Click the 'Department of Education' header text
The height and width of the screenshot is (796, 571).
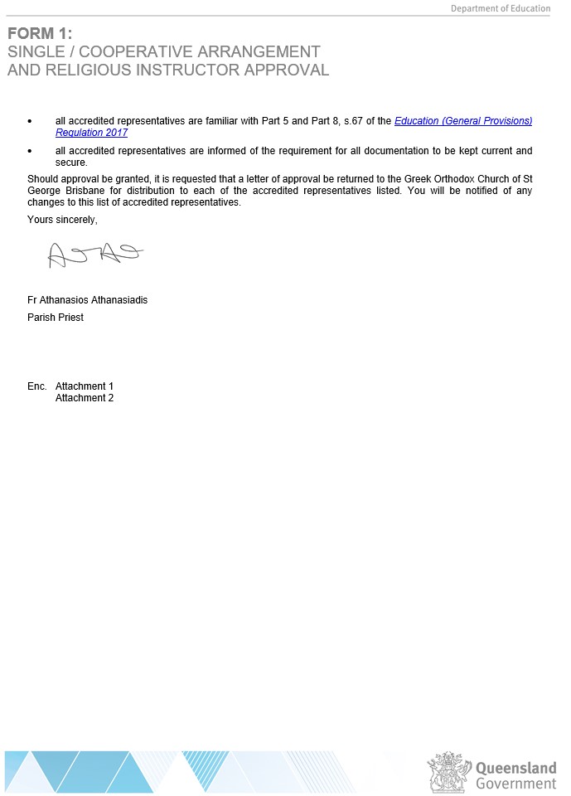[500, 8]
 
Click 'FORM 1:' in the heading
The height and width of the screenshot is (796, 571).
[40, 34]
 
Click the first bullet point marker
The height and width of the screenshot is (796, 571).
[30, 121]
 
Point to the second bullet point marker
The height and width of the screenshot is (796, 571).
[30, 151]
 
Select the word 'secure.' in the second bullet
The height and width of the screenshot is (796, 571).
[71, 163]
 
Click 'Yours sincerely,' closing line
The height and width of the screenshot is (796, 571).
[62, 220]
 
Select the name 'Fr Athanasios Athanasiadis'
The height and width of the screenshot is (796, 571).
[87, 300]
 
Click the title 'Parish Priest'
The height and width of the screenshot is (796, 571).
[56, 318]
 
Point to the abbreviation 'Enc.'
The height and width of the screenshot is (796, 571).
[37, 386]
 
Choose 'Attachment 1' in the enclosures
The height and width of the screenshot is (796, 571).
[85, 386]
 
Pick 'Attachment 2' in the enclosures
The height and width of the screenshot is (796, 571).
[85, 398]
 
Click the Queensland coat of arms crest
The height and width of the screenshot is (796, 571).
[448, 772]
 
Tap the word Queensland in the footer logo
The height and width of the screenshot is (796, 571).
[515, 768]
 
